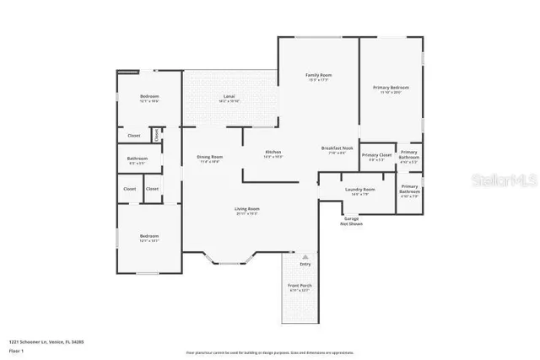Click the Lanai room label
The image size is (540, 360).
click(x=229, y=98)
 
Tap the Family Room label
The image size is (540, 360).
click(x=317, y=77)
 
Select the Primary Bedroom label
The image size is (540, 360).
click(x=391, y=89)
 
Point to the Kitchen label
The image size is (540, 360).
click(x=273, y=153)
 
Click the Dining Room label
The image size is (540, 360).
click(x=209, y=158)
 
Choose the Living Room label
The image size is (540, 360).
click(x=246, y=210)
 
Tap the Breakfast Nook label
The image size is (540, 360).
click(x=336, y=150)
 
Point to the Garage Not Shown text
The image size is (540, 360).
click(x=350, y=221)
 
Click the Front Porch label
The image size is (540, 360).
click(x=300, y=287)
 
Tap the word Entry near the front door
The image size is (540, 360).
click(x=305, y=264)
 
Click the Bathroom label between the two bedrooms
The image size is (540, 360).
click(x=138, y=159)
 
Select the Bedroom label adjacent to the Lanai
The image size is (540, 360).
click(x=149, y=98)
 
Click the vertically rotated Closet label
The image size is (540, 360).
click(x=157, y=134)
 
